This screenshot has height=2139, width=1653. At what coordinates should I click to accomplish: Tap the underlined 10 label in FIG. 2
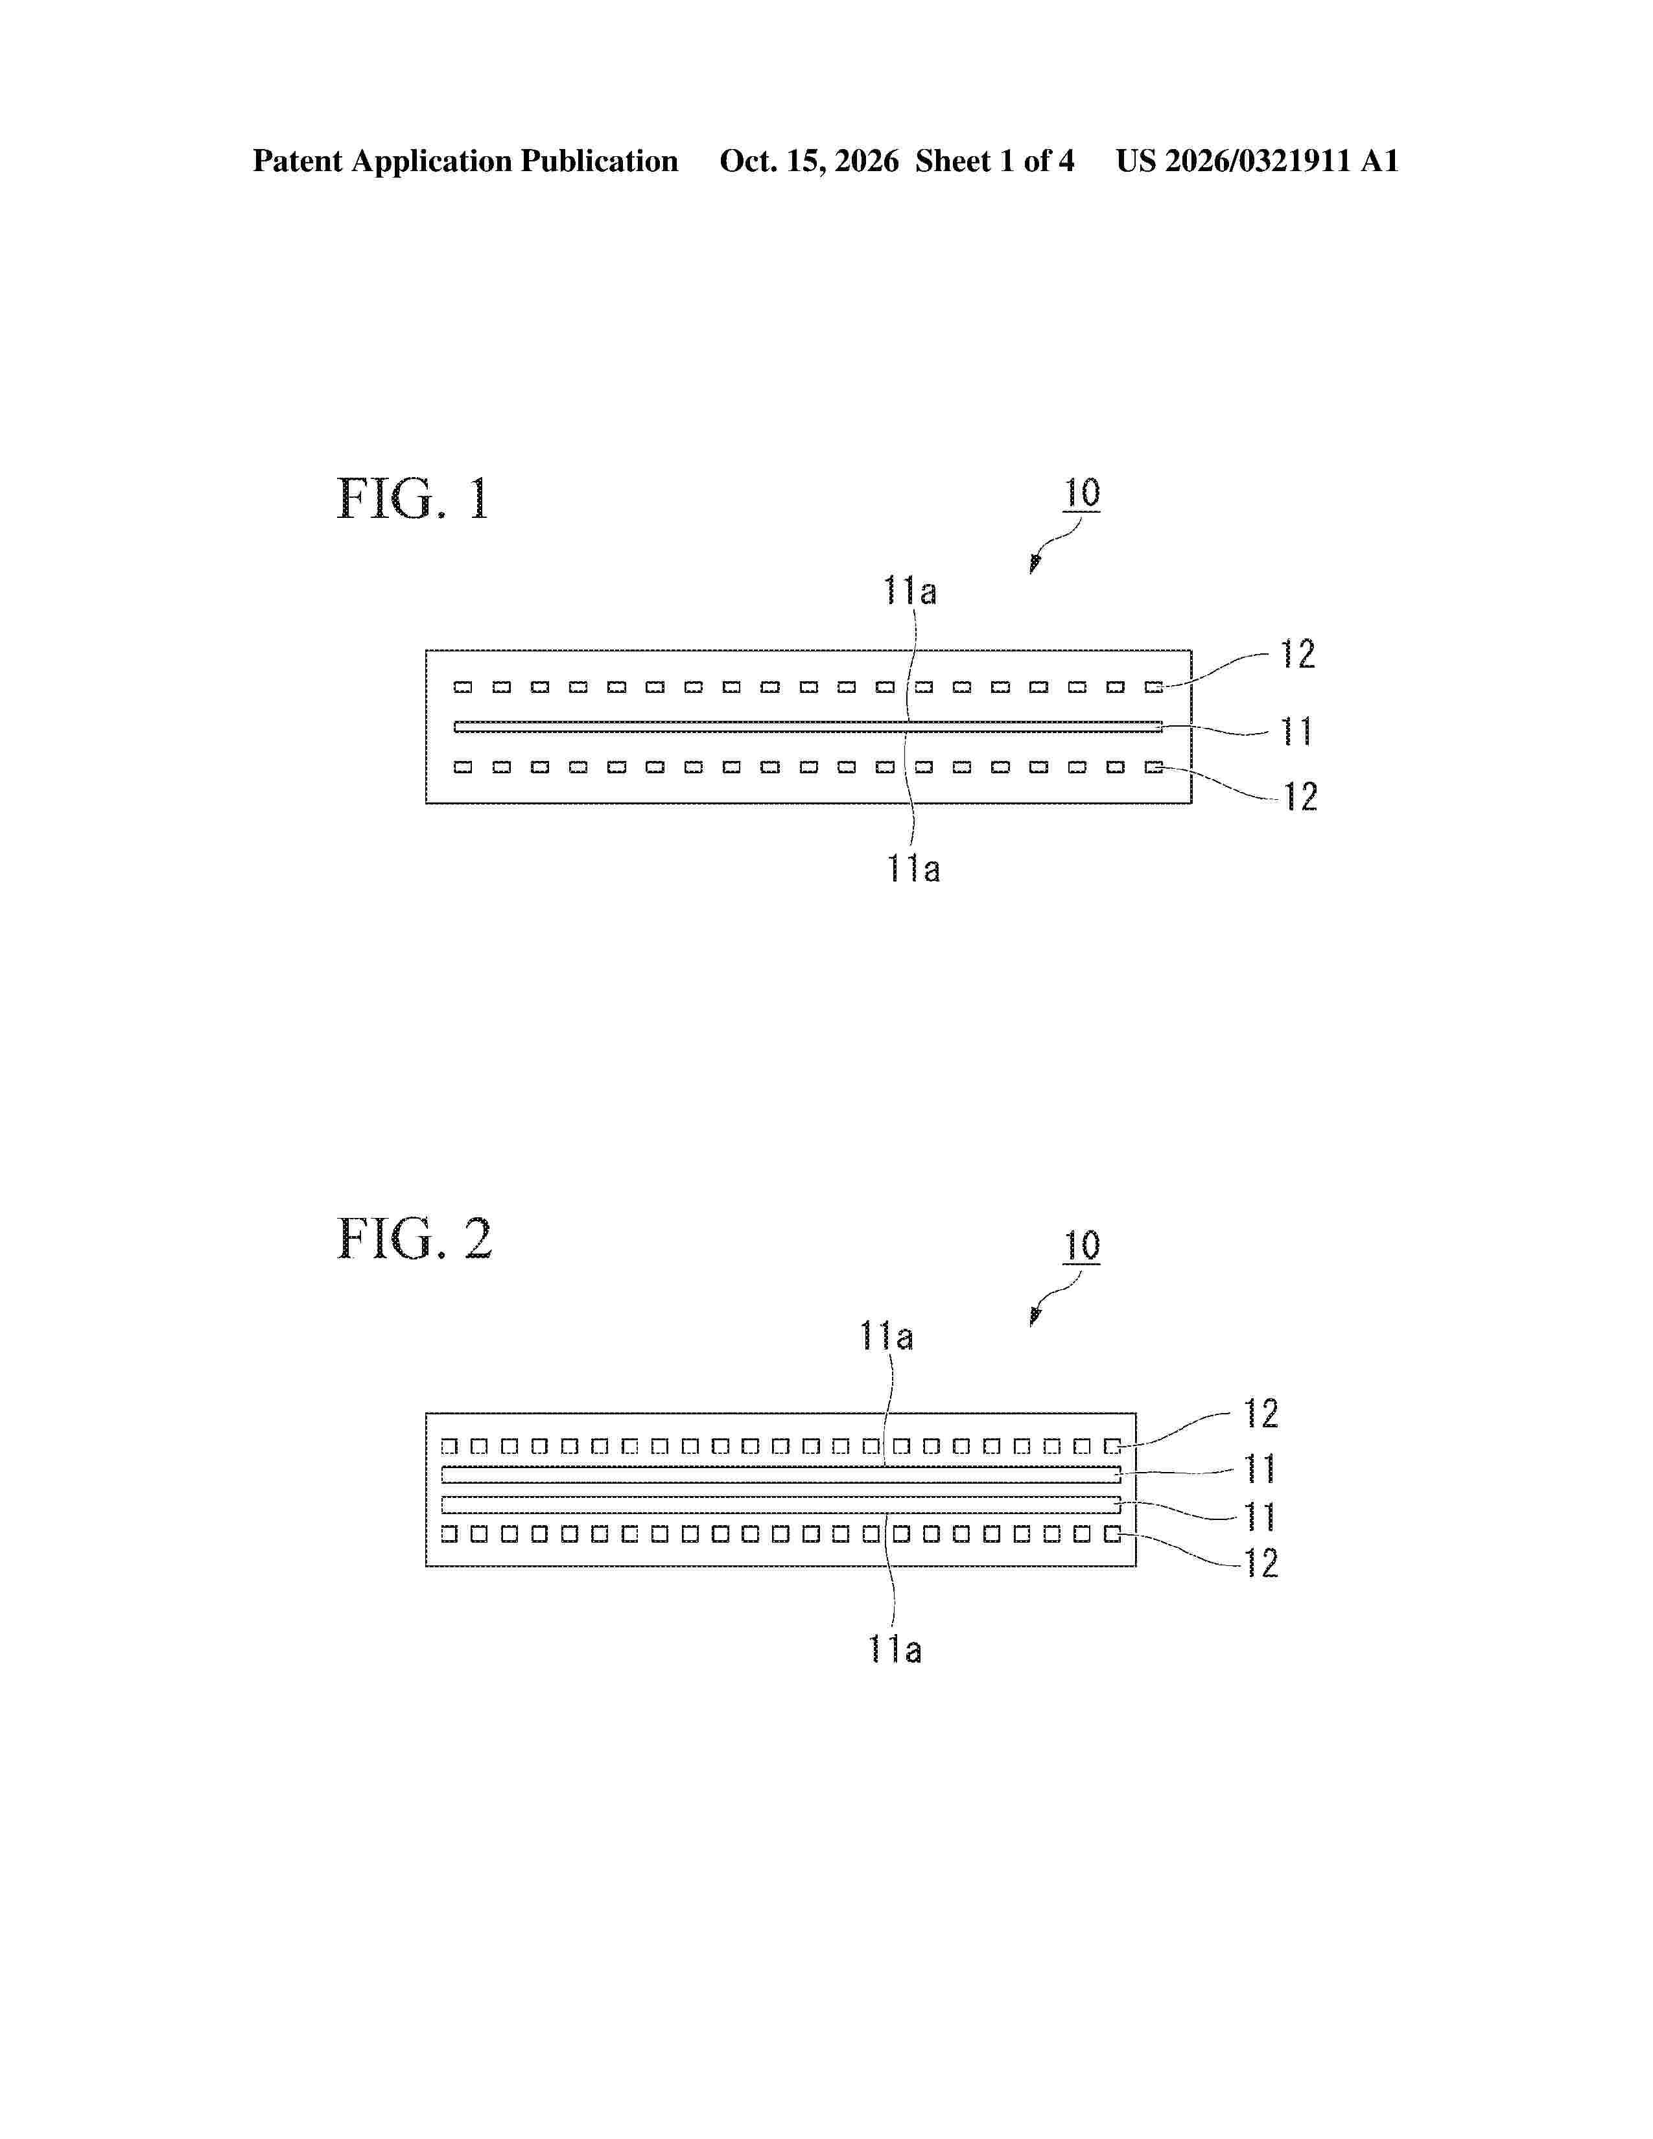coord(1082,1246)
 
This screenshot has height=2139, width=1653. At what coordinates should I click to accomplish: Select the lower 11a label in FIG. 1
coord(913,869)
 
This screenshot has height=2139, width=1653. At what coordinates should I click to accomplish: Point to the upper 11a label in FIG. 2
coord(886,1336)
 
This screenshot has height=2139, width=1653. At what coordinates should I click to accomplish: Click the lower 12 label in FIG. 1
coord(1300,797)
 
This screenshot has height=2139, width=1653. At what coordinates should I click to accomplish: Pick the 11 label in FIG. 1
coord(1296,732)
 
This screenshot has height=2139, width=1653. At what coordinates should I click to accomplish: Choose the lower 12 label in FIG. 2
coord(1261,1564)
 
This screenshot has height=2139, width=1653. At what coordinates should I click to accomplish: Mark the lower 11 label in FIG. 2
coord(1260,1517)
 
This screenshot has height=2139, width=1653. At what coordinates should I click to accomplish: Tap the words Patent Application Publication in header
coord(465,161)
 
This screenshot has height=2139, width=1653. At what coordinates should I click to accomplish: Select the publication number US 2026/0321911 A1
coord(1258,161)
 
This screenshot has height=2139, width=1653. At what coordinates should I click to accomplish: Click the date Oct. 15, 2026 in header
coord(809,161)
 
